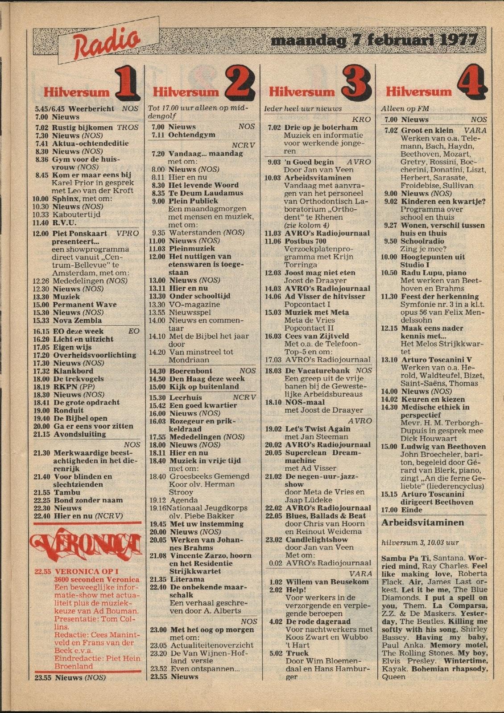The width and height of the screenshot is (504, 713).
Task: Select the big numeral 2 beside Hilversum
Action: (x=240, y=83)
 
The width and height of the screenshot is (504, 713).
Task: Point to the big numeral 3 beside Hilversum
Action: (x=355, y=83)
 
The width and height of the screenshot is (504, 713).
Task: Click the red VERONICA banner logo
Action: (x=87, y=543)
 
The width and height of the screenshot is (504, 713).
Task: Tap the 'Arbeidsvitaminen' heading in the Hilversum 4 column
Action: (x=422, y=522)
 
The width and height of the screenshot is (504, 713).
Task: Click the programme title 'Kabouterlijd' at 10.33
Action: (x=76, y=215)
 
